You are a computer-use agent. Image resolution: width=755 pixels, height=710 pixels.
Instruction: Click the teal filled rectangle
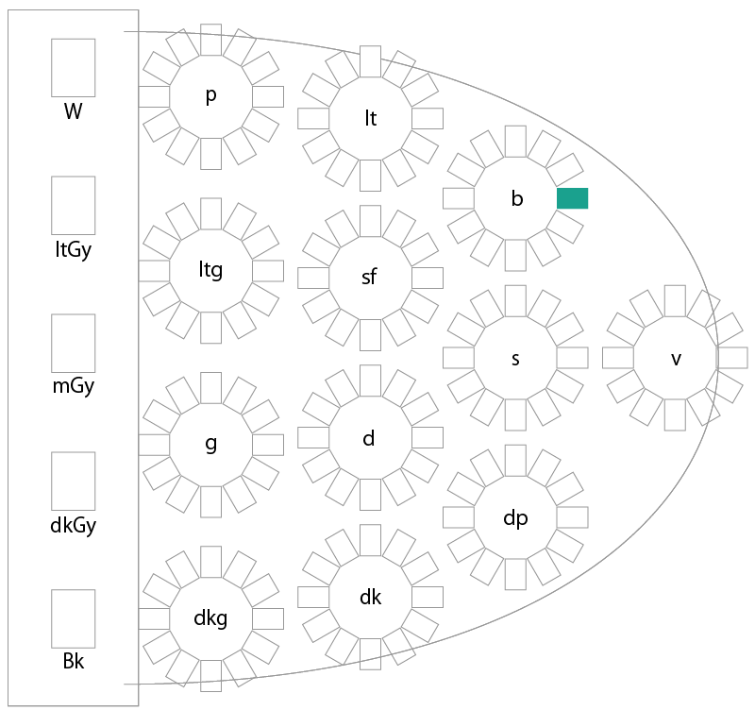point(573,198)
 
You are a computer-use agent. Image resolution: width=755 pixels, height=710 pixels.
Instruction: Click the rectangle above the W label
point(74,68)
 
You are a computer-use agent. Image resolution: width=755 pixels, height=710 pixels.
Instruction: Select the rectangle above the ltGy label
point(74,205)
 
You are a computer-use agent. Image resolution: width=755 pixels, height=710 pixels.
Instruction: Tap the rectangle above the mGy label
point(74,344)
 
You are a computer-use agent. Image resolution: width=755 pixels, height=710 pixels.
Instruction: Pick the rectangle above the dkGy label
point(74,482)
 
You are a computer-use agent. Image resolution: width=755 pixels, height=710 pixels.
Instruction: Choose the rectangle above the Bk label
point(74,619)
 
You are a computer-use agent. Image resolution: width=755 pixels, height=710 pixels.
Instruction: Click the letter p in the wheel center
point(210,96)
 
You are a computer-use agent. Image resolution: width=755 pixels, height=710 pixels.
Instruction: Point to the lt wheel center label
point(370,119)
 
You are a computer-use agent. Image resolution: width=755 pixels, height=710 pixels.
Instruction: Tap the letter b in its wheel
point(516,198)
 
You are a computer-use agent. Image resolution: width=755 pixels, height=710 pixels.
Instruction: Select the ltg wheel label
point(210,271)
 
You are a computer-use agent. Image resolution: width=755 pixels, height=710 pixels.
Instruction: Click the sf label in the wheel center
point(369,277)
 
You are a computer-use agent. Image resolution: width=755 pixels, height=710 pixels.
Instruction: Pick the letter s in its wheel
point(515,360)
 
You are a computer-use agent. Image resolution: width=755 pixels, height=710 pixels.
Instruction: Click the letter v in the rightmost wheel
point(676,360)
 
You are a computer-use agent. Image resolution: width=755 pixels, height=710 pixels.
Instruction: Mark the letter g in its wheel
point(210,444)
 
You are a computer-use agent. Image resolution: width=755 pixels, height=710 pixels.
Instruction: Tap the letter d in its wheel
point(369,438)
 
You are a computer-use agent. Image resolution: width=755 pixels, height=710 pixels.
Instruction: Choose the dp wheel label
point(515,518)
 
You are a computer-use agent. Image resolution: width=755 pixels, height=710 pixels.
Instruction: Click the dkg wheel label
point(210,618)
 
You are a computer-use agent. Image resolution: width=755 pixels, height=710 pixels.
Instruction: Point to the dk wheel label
point(370,598)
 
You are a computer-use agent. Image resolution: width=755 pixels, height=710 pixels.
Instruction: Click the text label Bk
point(74,661)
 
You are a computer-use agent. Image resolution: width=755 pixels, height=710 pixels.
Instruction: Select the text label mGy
point(74,386)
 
